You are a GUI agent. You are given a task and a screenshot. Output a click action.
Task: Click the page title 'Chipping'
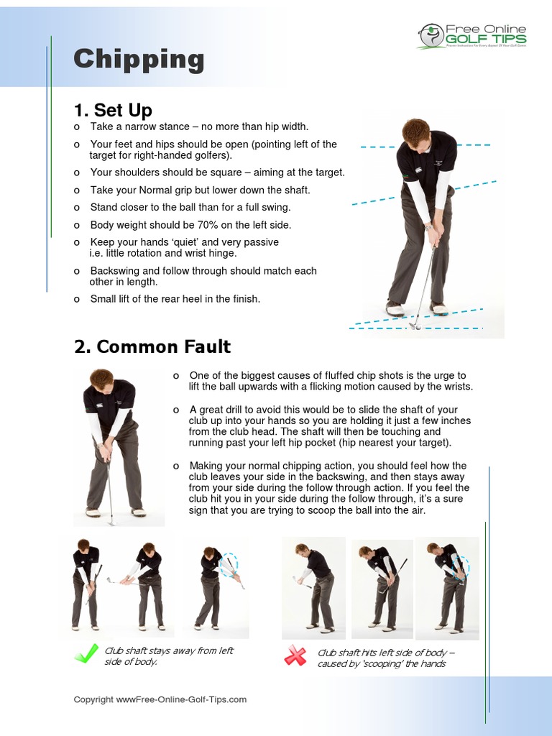coord(139,59)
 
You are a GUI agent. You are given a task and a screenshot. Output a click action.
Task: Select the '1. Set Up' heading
coord(113,110)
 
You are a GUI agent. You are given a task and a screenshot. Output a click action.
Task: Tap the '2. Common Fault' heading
coord(152,346)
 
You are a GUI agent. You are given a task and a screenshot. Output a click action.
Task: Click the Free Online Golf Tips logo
coord(472,35)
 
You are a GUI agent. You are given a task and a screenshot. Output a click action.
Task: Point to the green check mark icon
coord(86,653)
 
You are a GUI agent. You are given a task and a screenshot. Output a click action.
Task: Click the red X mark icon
coord(295,655)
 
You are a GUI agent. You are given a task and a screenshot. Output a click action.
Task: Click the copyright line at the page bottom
coord(160,699)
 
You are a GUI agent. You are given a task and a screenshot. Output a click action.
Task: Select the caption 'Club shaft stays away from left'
coord(169,650)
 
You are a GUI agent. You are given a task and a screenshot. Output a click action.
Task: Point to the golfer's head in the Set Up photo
coord(415,134)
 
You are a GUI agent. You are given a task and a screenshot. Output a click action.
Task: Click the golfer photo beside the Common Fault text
coord(112,446)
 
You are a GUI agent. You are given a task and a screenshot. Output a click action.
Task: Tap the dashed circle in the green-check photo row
coord(229,564)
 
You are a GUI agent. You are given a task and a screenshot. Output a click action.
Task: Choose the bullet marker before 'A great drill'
coord(176,410)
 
